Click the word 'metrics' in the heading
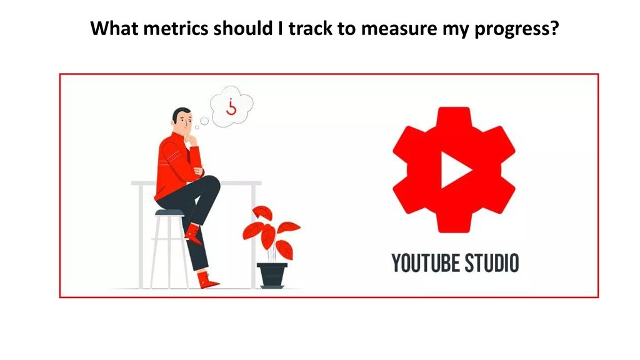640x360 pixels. [x=176, y=28]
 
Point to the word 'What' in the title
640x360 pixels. [x=114, y=28]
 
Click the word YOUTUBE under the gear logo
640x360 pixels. [x=425, y=263]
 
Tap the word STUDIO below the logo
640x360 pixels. [x=492, y=263]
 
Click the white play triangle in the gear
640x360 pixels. [x=456, y=170]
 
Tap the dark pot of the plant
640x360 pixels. [x=272, y=275]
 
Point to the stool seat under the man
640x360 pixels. [x=169, y=212]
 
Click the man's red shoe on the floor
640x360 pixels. [x=207, y=280]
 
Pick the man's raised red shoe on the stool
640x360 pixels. [x=193, y=234]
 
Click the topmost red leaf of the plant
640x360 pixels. [x=262, y=213]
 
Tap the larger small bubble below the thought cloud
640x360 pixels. [x=204, y=121]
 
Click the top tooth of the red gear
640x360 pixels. [x=454, y=116]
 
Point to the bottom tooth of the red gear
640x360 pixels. [x=454, y=224]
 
